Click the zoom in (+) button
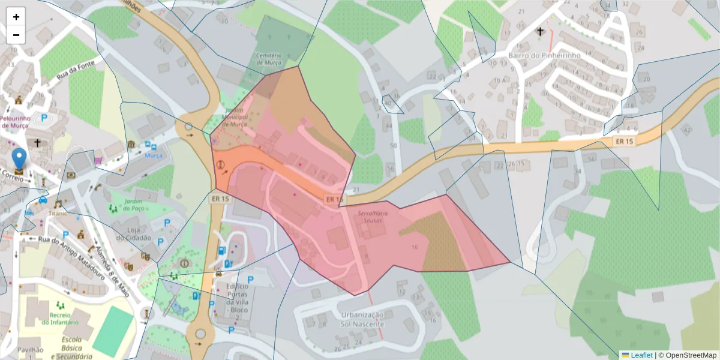point(16,17)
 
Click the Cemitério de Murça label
point(269,59)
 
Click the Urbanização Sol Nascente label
point(362,319)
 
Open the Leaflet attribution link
point(641,355)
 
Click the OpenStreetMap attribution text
point(687,355)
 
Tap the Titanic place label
point(59,213)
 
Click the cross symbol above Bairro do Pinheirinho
point(540,31)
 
